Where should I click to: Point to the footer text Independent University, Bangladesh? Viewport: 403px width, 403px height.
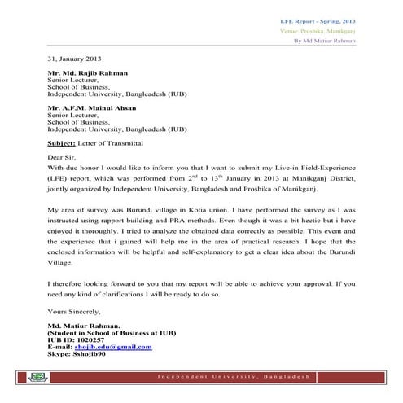coord(233,379)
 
